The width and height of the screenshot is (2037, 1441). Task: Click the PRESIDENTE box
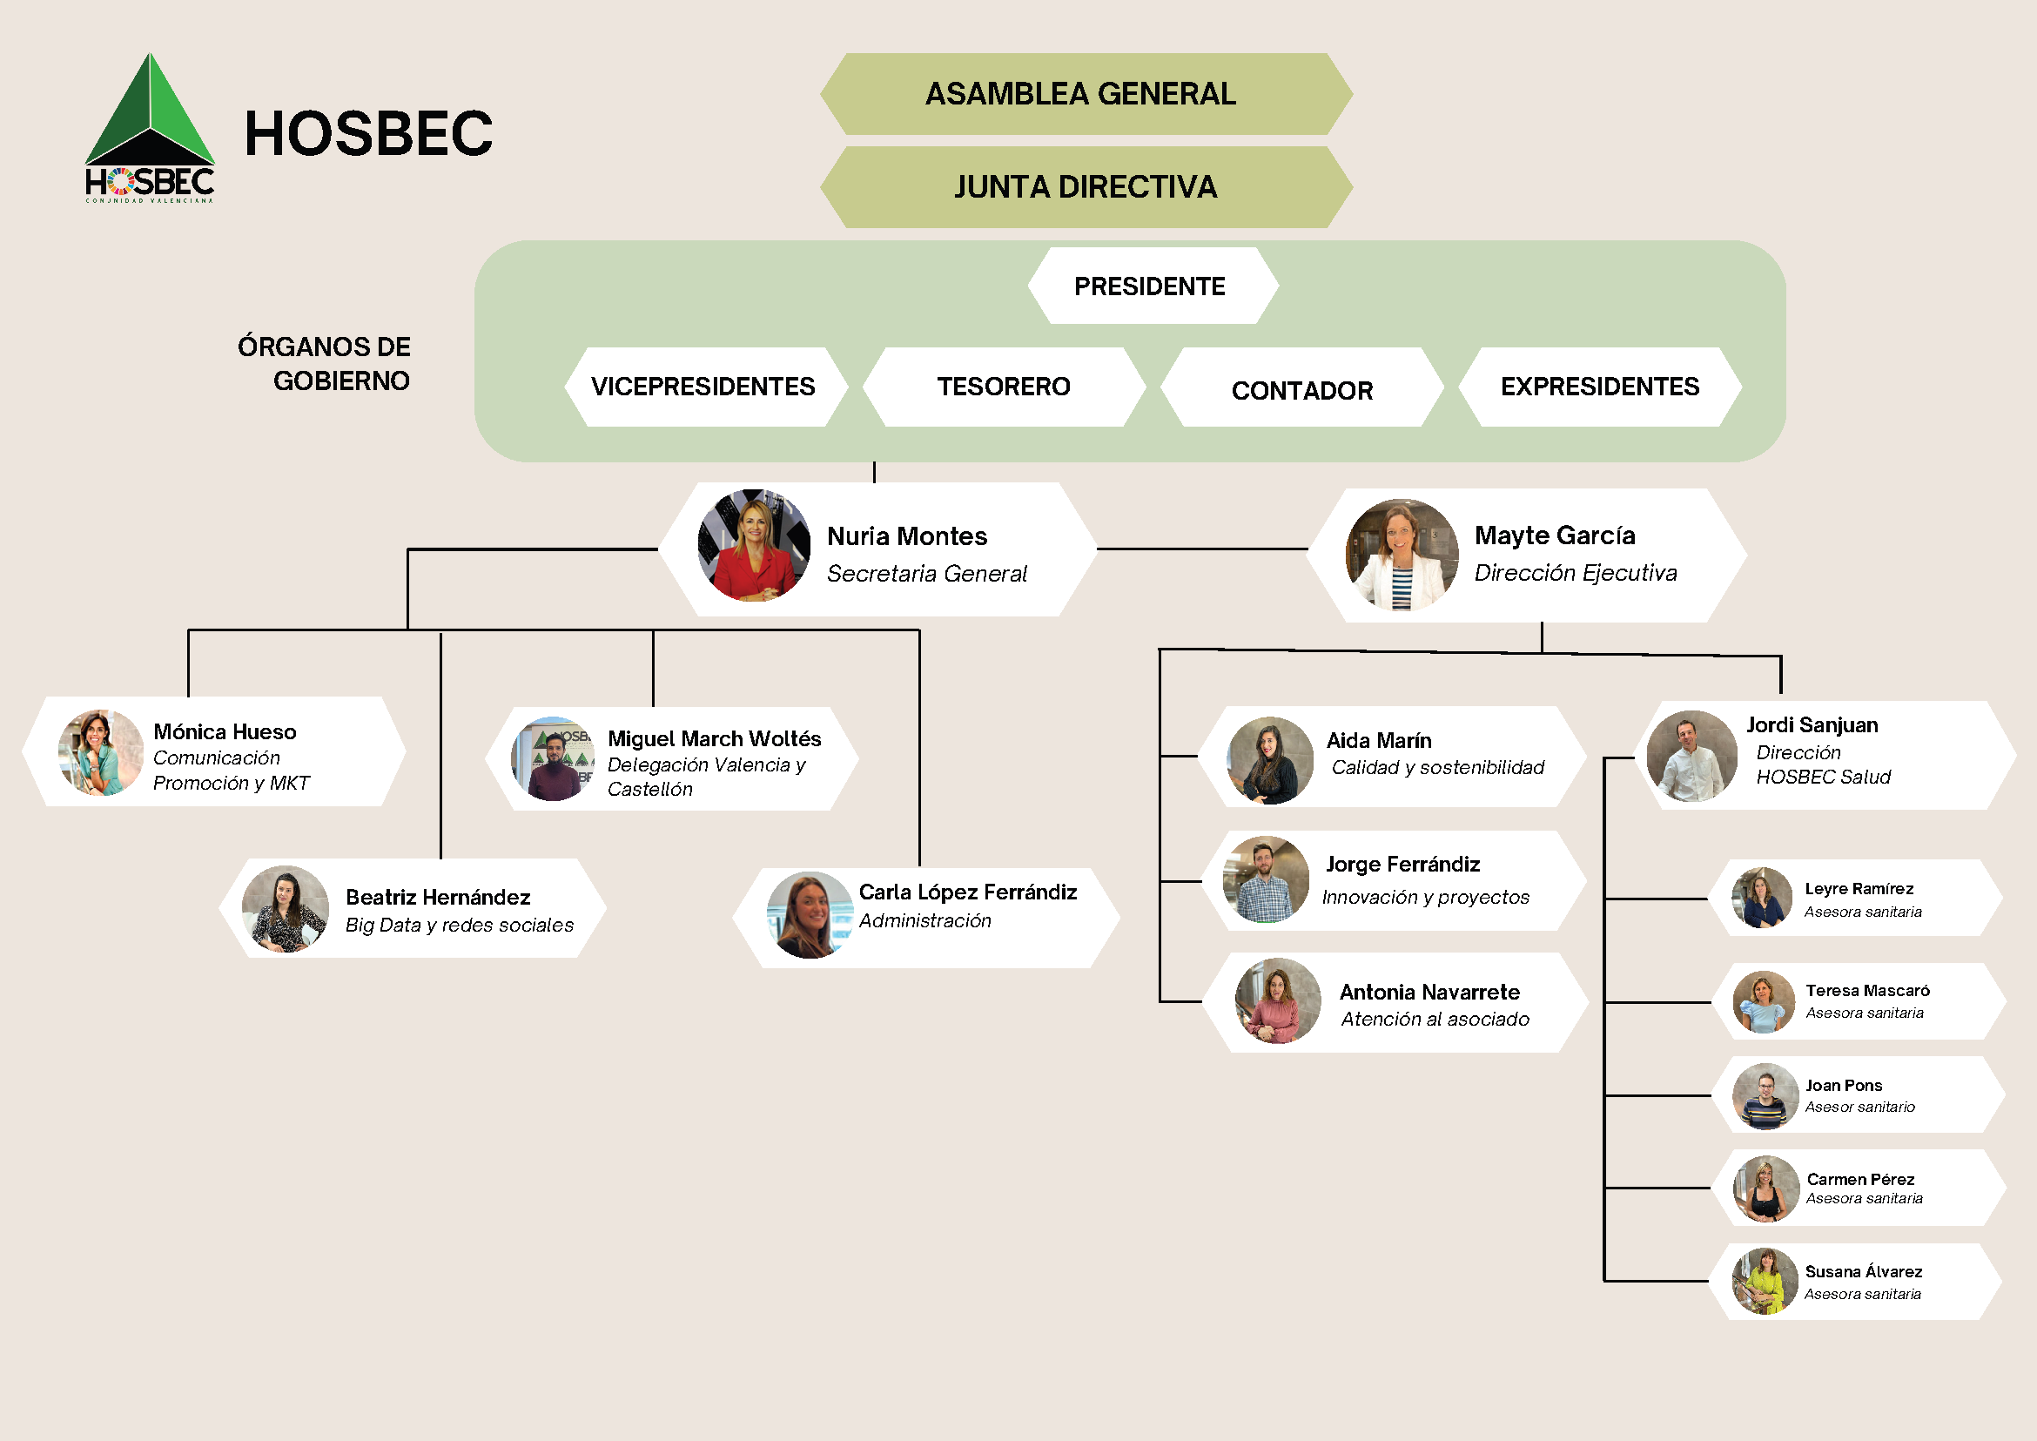click(1151, 286)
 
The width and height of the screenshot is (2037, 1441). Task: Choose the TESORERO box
click(1004, 387)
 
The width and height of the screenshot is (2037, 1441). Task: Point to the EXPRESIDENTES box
click(1599, 387)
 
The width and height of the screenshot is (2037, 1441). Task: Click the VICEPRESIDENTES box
click(703, 387)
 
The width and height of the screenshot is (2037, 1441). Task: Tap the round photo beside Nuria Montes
click(753, 545)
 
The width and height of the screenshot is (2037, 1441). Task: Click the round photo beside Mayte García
click(1401, 555)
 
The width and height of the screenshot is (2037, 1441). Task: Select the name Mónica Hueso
click(225, 731)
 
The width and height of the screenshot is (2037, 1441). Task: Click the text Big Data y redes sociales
click(460, 925)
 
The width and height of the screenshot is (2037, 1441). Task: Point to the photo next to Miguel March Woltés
click(553, 758)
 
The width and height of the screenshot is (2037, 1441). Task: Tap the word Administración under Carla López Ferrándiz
click(924, 921)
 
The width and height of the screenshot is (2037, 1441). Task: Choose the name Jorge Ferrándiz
click(1402, 865)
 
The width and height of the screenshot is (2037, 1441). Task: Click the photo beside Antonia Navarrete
click(1278, 1001)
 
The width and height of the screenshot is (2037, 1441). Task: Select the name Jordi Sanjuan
click(1812, 725)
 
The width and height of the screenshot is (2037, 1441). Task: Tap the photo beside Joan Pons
click(1765, 1096)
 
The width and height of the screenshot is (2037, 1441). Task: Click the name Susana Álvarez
click(1863, 1271)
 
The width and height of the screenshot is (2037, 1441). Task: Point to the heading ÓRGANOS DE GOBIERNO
click(324, 364)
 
